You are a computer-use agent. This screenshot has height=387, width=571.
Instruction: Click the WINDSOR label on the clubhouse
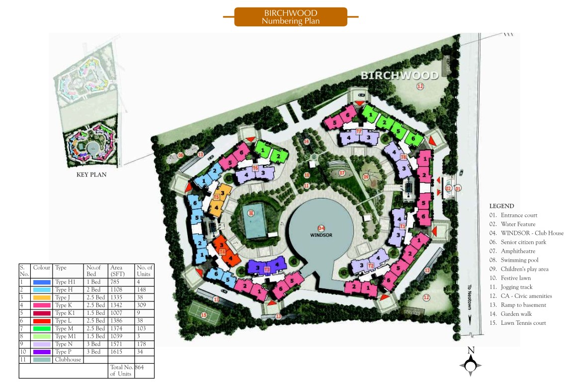[321, 234]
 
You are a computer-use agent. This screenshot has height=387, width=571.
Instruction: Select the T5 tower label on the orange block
[216, 197]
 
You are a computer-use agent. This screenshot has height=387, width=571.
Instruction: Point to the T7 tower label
[359, 131]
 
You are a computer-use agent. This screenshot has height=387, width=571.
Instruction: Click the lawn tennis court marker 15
[204, 314]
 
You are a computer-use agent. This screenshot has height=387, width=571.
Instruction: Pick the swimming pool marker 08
[251, 213]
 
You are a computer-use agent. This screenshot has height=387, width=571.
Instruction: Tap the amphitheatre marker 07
[342, 173]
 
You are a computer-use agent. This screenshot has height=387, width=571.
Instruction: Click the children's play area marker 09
[366, 177]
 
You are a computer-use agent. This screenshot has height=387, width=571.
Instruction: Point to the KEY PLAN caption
[91, 175]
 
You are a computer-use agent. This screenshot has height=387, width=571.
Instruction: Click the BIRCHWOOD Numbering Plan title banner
[290, 17]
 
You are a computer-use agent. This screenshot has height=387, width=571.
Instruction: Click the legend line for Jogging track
[517, 287]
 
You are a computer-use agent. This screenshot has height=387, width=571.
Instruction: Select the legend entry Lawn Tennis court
[517, 323]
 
